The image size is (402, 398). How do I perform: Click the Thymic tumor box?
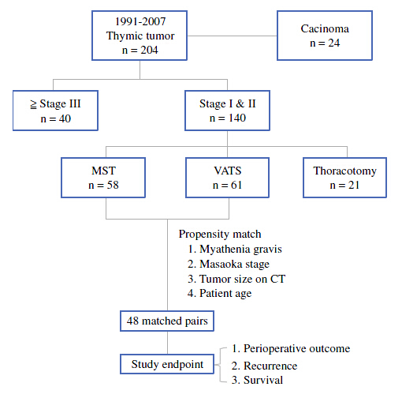(140, 36)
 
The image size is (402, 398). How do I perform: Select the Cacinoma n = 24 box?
(325, 36)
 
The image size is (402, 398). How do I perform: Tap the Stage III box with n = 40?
(55, 111)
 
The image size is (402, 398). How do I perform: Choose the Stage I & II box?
(227, 111)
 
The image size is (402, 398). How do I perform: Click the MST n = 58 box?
(103, 178)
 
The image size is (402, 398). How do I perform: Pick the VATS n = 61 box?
(227, 178)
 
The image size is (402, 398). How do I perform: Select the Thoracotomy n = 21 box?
(344, 178)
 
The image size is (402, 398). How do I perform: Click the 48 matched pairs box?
(167, 321)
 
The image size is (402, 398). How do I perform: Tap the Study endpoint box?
(167, 364)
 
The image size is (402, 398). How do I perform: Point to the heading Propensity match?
(220, 235)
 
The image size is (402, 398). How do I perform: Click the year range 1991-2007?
(140, 21)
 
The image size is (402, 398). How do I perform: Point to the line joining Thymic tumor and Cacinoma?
(233, 36)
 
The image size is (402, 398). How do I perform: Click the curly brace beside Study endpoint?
(220, 365)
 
